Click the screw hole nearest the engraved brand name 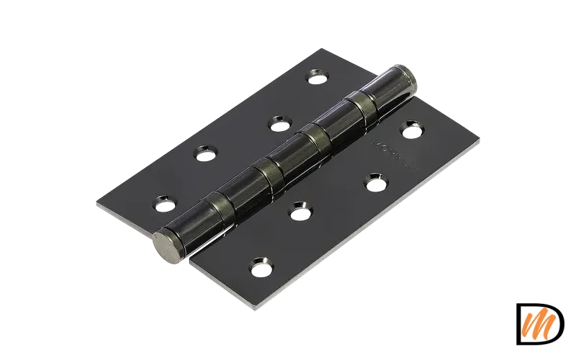pos(411,131)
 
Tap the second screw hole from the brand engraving pos(375,184)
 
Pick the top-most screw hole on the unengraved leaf pos(318,76)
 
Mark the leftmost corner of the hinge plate pos(94,202)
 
